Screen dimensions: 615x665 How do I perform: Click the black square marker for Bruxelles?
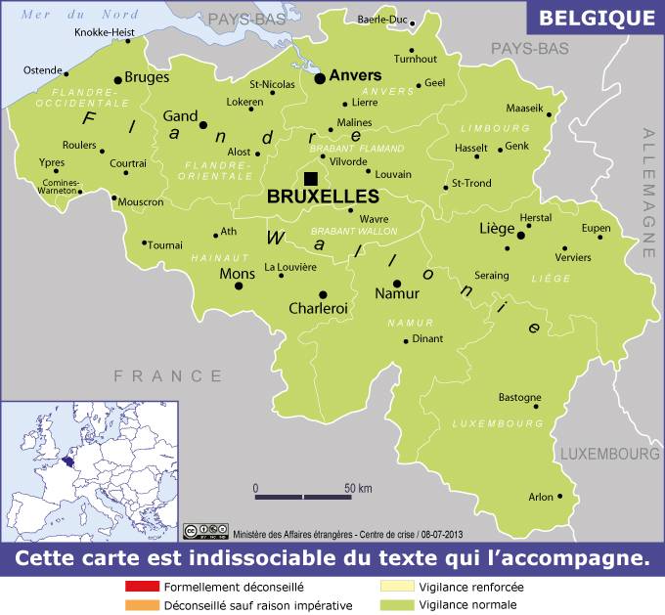(x=311, y=177)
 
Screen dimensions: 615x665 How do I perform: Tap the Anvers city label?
(x=355, y=75)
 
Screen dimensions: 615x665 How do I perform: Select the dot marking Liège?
(x=521, y=236)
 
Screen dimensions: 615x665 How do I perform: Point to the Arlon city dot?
(x=560, y=497)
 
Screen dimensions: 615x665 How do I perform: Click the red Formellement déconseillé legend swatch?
(x=142, y=588)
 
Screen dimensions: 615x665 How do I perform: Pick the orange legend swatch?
(x=142, y=605)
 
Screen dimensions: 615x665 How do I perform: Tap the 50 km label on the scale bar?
(x=358, y=488)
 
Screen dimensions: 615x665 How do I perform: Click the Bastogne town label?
(x=519, y=398)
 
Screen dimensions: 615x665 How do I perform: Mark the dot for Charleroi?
(x=323, y=294)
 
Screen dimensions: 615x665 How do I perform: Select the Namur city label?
(x=398, y=293)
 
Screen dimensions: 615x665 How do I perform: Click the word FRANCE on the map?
(x=168, y=375)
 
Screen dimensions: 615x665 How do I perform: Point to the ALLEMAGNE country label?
(x=648, y=196)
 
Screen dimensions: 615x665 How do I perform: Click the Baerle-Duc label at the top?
(x=382, y=20)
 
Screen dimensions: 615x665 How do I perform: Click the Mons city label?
(x=237, y=274)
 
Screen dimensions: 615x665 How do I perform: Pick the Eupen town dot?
(x=600, y=237)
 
